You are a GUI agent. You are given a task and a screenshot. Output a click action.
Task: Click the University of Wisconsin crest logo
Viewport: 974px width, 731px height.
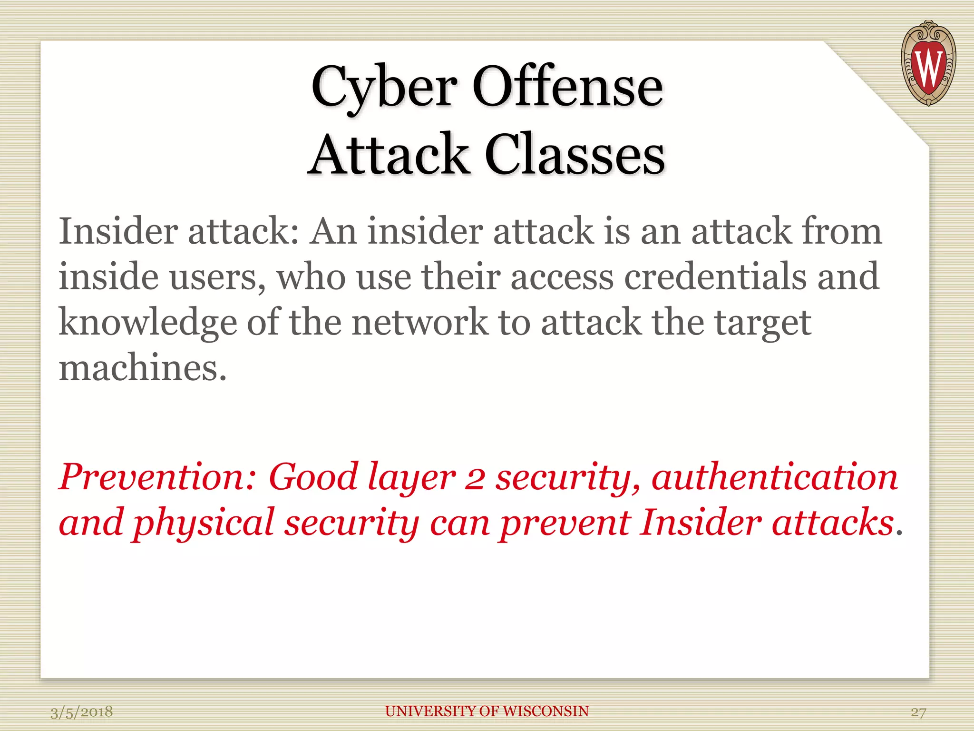point(928,63)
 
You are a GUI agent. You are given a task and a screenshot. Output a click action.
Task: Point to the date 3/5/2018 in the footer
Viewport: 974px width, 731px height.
point(82,712)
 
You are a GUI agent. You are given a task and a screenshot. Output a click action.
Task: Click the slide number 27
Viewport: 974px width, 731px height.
point(918,712)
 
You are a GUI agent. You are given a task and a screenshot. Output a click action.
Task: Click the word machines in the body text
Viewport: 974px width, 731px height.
point(142,368)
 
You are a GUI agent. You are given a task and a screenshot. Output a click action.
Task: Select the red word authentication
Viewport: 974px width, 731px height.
point(775,477)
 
